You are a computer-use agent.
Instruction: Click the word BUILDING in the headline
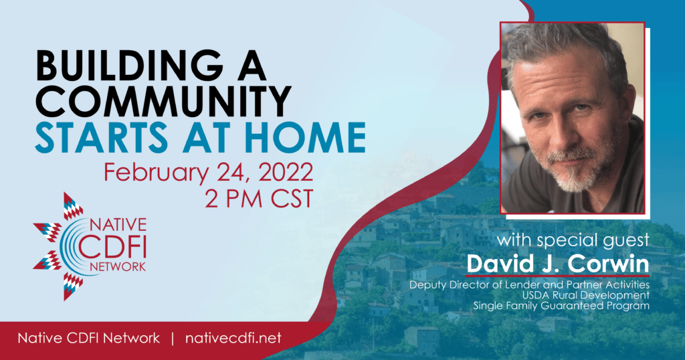[x=129, y=66]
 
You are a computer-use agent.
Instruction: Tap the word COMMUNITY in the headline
[x=163, y=101]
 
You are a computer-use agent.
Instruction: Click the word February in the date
[x=156, y=173]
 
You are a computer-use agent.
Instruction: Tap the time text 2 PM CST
[x=259, y=199]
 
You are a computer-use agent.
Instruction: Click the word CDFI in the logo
[x=118, y=246]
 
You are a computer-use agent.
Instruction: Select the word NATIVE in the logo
[x=118, y=225]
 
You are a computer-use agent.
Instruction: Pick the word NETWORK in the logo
[x=118, y=266]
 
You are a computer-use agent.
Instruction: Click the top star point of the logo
[x=72, y=205]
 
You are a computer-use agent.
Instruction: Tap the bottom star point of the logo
[x=72, y=286]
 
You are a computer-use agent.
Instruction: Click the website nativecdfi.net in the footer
[x=233, y=338]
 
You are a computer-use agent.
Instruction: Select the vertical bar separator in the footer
[x=173, y=338]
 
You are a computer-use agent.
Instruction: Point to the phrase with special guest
[x=573, y=240]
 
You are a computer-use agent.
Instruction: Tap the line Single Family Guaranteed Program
[x=561, y=306]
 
